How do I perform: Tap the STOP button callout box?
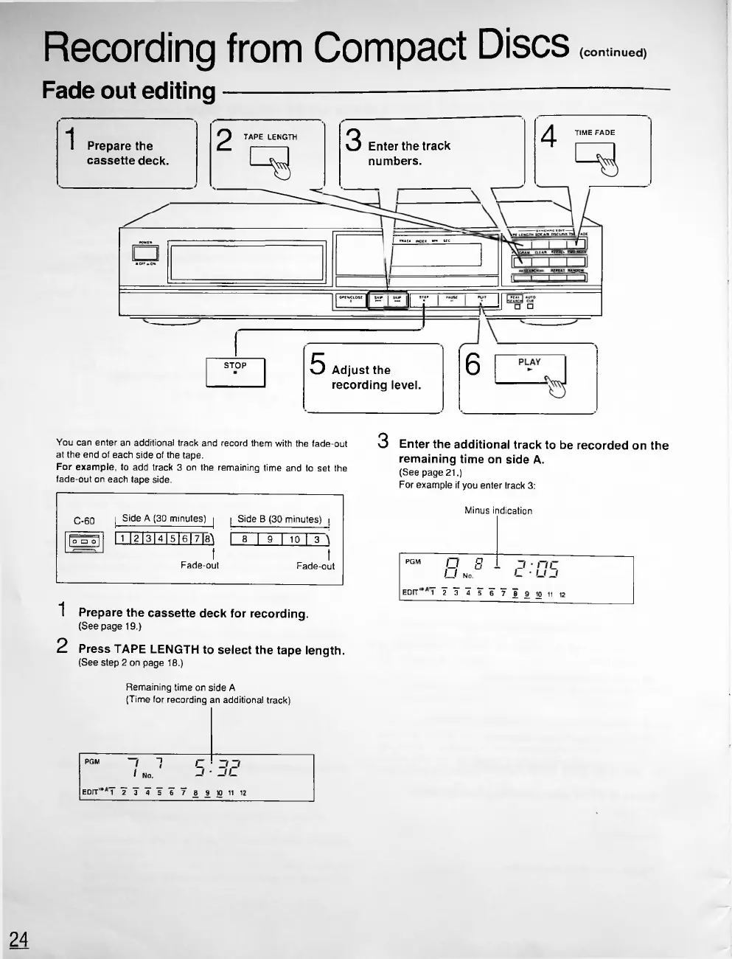click(235, 373)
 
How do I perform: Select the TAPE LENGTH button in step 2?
click(269, 157)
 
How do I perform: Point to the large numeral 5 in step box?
click(318, 364)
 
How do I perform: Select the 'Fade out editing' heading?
click(128, 91)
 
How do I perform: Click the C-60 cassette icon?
click(86, 542)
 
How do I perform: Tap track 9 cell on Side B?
click(271, 539)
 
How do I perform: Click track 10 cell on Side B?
click(294, 539)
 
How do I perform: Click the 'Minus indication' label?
click(498, 510)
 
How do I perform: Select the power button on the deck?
click(142, 252)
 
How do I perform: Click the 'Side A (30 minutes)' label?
click(164, 519)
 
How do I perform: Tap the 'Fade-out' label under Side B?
click(315, 566)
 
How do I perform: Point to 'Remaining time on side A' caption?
click(181, 687)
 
